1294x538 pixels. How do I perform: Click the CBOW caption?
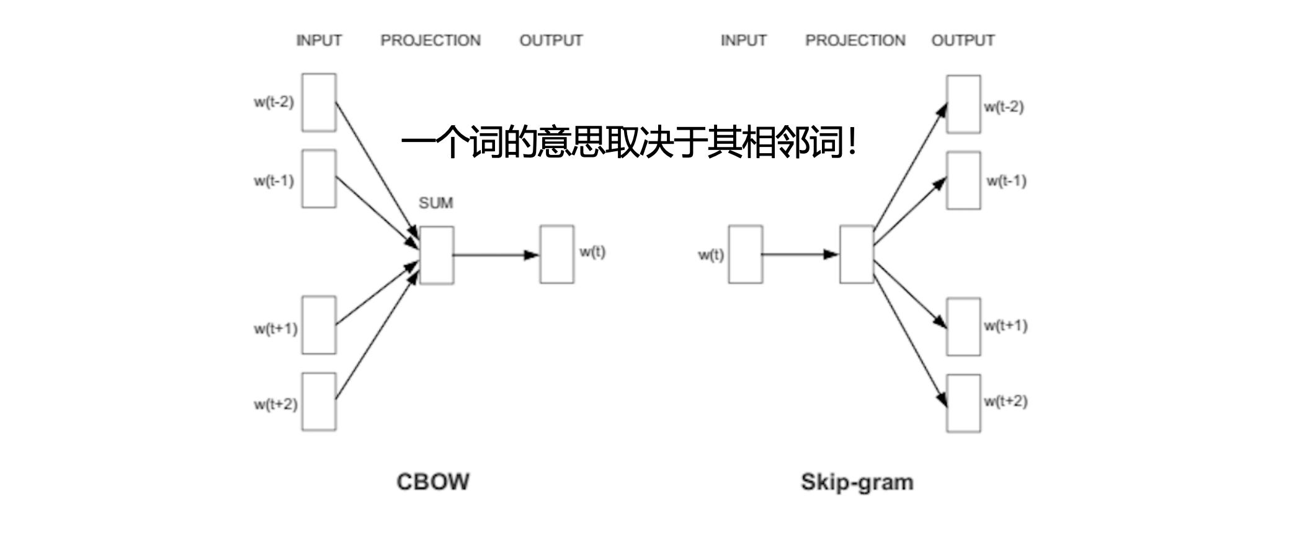tap(433, 482)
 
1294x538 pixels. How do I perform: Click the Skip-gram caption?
tap(857, 482)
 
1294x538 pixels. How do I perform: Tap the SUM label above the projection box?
tap(435, 203)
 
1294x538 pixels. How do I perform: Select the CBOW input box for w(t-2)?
tap(319, 102)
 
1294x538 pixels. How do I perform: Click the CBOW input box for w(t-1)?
tap(319, 179)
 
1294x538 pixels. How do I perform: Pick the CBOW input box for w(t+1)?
tap(319, 325)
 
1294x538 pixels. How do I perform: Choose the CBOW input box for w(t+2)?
tap(319, 402)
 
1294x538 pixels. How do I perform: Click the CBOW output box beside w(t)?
tap(557, 254)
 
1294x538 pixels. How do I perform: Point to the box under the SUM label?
tap(437, 255)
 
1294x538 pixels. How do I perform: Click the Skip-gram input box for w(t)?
tap(746, 254)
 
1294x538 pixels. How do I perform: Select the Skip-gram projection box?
tap(857, 254)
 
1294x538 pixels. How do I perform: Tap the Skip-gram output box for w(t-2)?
tap(963, 104)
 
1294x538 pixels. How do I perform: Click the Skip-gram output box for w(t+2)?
tap(963, 403)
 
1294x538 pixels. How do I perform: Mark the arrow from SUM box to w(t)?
tap(496, 255)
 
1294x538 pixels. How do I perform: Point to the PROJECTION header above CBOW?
tap(431, 40)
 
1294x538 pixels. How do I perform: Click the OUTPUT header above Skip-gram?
tap(963, 40)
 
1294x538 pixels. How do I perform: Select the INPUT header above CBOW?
tap(319, 40)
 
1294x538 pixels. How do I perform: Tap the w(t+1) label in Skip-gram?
tap(1006, 325)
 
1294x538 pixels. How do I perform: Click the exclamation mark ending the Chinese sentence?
tap(854, 143)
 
